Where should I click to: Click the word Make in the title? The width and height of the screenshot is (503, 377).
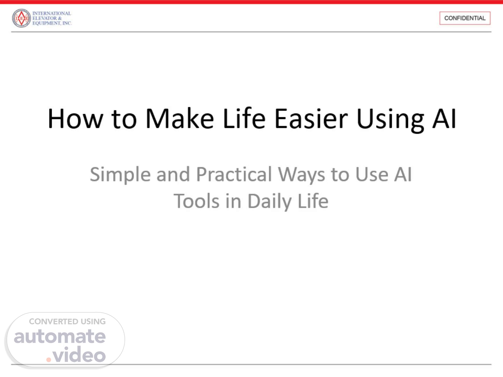(x=180, y=119)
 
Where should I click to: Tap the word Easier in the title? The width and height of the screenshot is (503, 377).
(x=311, y=119)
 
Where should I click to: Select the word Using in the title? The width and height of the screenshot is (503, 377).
(x=390, y=120)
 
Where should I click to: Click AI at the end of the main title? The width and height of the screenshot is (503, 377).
(x=444, y=119)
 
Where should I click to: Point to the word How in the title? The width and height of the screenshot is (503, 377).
(x=75, y=119)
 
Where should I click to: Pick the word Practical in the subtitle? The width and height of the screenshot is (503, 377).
(x=234, y=174)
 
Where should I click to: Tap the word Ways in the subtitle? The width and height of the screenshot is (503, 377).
(x=301, y=175)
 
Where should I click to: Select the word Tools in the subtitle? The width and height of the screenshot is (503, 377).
(x=196, y=201)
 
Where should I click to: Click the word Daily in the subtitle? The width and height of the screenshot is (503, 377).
(x=269, y=202)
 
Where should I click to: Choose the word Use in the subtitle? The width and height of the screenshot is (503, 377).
(x=372, y=175)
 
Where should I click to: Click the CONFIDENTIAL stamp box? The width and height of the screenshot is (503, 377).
(x=465, y=18)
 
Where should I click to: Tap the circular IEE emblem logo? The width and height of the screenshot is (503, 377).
(x=21, y=18)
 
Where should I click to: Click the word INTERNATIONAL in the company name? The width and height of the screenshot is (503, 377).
(x=52, y=13)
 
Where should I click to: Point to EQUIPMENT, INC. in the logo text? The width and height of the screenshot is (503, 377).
(x=52, y=23)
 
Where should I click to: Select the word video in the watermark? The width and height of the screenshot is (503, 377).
(x=79, y=354)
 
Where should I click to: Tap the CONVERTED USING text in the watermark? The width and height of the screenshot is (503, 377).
(x=67, y=321)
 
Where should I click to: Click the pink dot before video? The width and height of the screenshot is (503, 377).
(x=49, y=360)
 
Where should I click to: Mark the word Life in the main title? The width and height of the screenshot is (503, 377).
(x=244, y=119)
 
